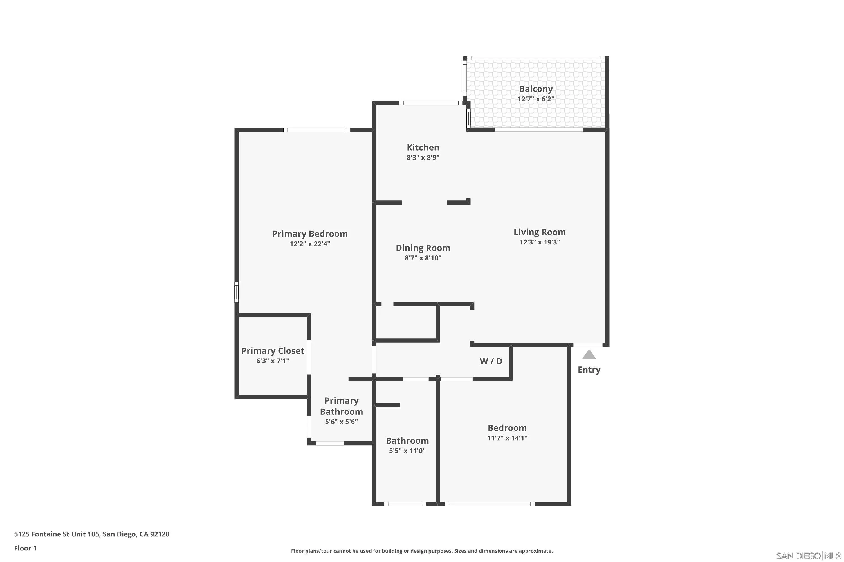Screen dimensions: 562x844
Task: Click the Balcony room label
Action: [x=535, y=89]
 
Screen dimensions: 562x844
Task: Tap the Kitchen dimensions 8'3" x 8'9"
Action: [x=423, y=157]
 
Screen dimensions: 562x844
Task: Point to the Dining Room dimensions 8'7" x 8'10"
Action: [x=423, y=258]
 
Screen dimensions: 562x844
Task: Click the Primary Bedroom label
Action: [x=310, y=234]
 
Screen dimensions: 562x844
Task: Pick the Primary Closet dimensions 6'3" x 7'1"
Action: [x=272, y=361]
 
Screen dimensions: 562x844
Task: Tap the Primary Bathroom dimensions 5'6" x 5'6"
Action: [x=341, y=422]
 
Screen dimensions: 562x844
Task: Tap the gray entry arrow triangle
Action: [x=589, y=355]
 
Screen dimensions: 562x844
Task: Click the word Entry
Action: [x=589, y=370]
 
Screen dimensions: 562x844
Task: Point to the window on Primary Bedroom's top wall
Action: [x=317, y=130]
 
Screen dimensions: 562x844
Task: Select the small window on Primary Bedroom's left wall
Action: [x=237, y=292]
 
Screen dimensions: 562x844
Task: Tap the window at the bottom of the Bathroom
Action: [x=405, y=503]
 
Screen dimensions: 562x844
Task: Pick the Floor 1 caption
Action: [x=25, y=548]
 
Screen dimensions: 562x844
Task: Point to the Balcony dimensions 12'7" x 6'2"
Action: [x=535, y=99]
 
